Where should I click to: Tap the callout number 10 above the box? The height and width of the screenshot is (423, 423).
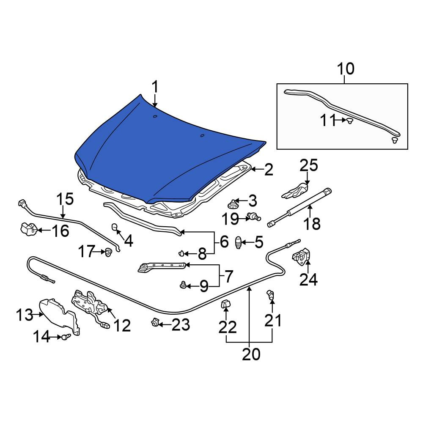(x=346, y=69)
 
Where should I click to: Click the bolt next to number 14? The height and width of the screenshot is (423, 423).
(x=66, y=337)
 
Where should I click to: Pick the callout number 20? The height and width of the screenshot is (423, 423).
(x=251, y=354)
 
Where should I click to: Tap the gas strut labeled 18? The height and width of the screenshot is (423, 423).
(x=299, y=207)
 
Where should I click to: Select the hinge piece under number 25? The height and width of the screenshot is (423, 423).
(x=295, y=190)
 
